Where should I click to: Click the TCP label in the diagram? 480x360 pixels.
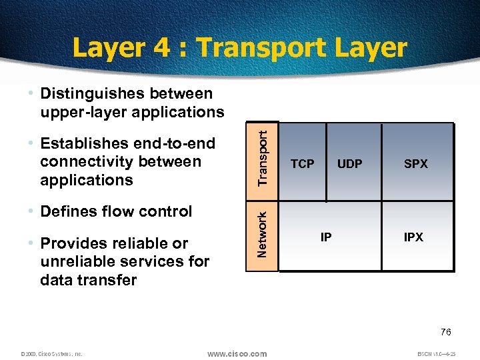click(x=302, y=164)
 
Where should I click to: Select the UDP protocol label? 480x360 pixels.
click(x=349, y=164)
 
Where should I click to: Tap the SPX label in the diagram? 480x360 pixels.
click(x=416, y=164)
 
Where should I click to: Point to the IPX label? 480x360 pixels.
click(x=413, y=237)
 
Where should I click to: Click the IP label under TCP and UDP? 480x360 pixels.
click(x=326, y=237)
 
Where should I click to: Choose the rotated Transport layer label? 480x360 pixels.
click(x=263, y=157)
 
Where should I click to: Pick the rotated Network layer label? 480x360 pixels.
click(x=263, y=234)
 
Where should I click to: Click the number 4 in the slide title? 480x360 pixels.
click(x=159, y=48)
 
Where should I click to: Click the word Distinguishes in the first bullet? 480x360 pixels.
click(x=90, y=93)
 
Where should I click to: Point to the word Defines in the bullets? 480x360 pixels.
click(x=68, y=211)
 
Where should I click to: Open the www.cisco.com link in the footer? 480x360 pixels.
click(x=237, y=354)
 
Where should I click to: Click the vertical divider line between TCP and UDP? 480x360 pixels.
click(x=327, y=163)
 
